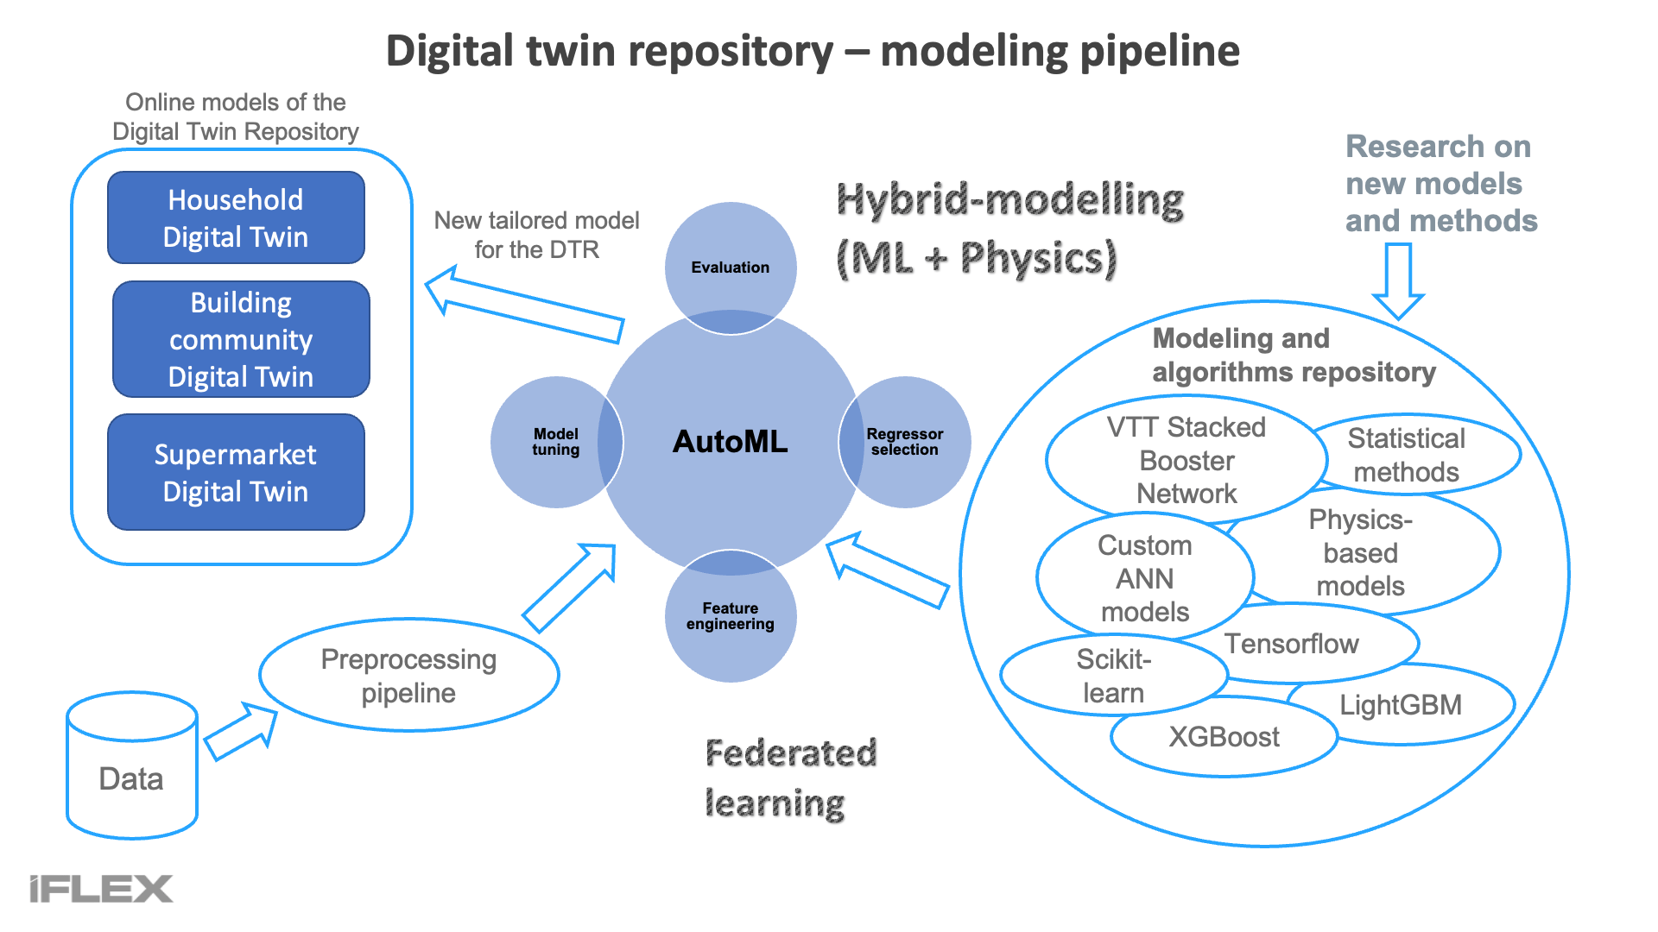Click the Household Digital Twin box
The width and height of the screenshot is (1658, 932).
[236, 217]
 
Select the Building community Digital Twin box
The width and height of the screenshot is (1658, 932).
[241, 339]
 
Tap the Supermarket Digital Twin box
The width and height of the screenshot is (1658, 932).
[236, 472]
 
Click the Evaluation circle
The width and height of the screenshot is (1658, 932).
[731, 268]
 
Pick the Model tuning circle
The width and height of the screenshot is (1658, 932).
[556, 442]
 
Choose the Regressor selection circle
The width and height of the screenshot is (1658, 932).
[905, 442]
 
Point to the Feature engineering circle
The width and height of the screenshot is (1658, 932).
[731, 616]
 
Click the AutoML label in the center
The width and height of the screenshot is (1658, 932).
[731, 442]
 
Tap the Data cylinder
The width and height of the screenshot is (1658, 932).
[132, 765]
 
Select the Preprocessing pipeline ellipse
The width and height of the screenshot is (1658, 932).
[409, 675]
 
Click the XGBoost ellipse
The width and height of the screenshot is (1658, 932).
[1225, 737]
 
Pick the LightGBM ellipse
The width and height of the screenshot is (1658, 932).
[1401, 705]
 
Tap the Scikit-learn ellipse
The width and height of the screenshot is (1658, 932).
[1114, 676]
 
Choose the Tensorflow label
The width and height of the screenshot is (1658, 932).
[1292, 644]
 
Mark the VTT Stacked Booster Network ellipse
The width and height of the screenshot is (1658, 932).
[1187, 460]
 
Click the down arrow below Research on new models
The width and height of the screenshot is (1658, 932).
[1398, 281]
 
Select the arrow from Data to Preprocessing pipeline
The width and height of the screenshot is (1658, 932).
[241, 731]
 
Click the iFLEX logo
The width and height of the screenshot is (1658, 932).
[101, 889]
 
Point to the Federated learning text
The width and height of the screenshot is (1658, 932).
[791, 778]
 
